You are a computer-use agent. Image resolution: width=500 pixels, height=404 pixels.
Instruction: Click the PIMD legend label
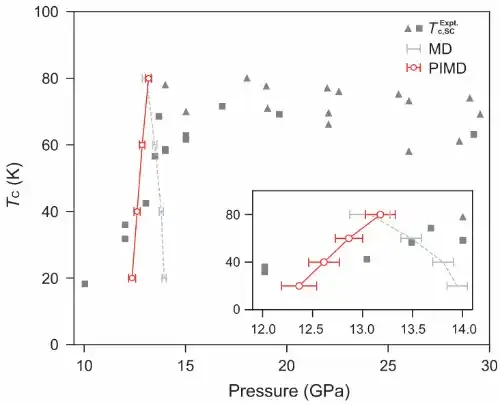[447, 68]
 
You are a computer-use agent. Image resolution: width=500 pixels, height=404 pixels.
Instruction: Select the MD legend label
[440, 49]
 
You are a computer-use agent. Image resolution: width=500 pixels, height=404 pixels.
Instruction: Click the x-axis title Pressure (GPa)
[289, 391]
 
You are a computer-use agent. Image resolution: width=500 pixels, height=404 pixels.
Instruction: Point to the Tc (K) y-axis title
[14, 184]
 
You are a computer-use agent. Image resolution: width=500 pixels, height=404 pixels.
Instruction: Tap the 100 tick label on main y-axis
[46, 12]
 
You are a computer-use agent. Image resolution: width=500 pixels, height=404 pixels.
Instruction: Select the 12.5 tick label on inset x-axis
[312, 329]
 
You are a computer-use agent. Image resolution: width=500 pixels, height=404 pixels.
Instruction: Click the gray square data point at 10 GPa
[85, 284]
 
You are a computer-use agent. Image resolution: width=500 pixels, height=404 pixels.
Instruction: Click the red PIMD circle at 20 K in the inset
[299, 286]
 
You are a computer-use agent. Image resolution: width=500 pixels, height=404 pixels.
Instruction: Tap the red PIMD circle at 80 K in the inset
[380, 215]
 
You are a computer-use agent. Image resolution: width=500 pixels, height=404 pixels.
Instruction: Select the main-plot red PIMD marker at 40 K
[137, 211]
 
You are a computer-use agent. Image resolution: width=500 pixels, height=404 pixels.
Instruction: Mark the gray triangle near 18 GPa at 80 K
[247, 78]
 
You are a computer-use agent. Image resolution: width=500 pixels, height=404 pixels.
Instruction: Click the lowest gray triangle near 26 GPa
[409, 152]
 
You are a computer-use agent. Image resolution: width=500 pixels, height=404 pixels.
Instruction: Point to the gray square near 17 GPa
[222, 106]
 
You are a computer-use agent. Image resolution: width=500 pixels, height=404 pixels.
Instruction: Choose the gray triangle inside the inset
[463, 217]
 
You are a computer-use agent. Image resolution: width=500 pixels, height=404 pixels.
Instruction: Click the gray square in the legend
[419, 28]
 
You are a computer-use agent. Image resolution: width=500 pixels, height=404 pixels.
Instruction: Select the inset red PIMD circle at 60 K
[349, 238]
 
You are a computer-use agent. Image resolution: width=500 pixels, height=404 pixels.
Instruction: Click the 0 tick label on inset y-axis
[237, 310]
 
